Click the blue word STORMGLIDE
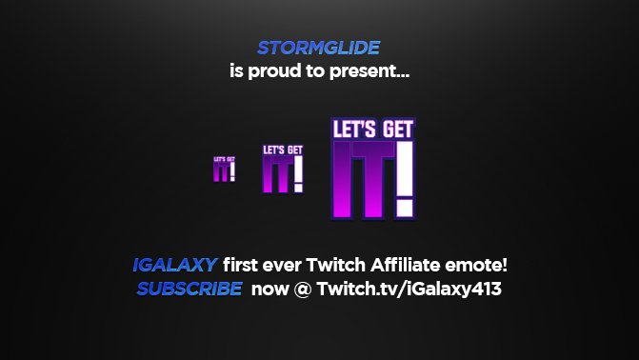click(319, 48)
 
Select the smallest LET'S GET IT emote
click(224, 169)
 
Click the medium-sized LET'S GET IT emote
click(283, 169)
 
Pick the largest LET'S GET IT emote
click(372, 169)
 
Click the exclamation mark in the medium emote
click(298, 173)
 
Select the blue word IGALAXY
click(175, 266)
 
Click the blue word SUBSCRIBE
click(189, 289)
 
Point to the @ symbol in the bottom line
click(303, 289)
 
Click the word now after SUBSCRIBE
click(270, 289)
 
